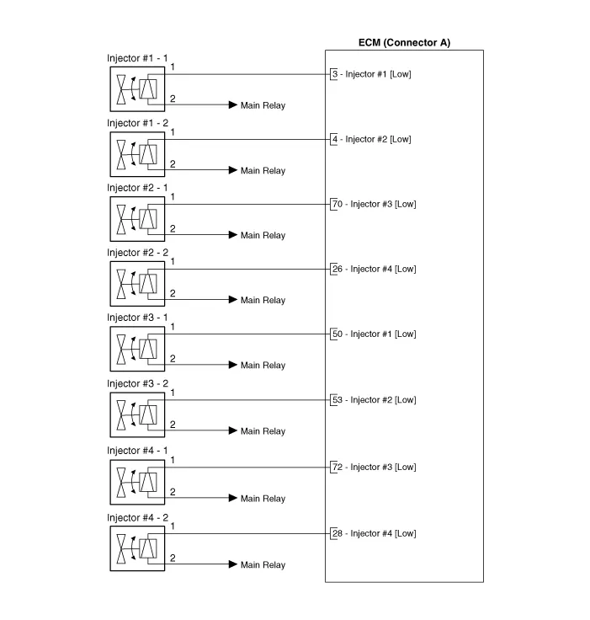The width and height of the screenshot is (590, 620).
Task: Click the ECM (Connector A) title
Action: [404, 43]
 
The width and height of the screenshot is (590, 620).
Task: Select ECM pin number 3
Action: [335, 74]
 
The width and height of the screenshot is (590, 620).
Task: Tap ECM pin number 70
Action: [337, 204]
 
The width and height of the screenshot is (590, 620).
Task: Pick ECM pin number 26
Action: [337, 269]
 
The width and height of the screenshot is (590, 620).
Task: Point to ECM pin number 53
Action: [337, 400]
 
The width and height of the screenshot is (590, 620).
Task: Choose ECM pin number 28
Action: [337, 533]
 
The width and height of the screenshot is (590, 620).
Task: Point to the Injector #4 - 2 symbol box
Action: [136, 548]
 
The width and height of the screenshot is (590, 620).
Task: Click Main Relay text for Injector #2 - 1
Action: [263, 236]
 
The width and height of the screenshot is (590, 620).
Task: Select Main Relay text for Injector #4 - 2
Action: [263, 565]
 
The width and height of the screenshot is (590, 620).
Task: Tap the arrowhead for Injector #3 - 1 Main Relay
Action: [233, 365]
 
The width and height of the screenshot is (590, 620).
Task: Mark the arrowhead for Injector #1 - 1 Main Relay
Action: [233, 105]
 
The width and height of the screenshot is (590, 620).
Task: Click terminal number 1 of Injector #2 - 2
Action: [173, 262]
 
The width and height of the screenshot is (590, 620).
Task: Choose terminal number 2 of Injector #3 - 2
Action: [173, 425]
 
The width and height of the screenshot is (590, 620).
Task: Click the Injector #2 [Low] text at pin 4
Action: [378, 139]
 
